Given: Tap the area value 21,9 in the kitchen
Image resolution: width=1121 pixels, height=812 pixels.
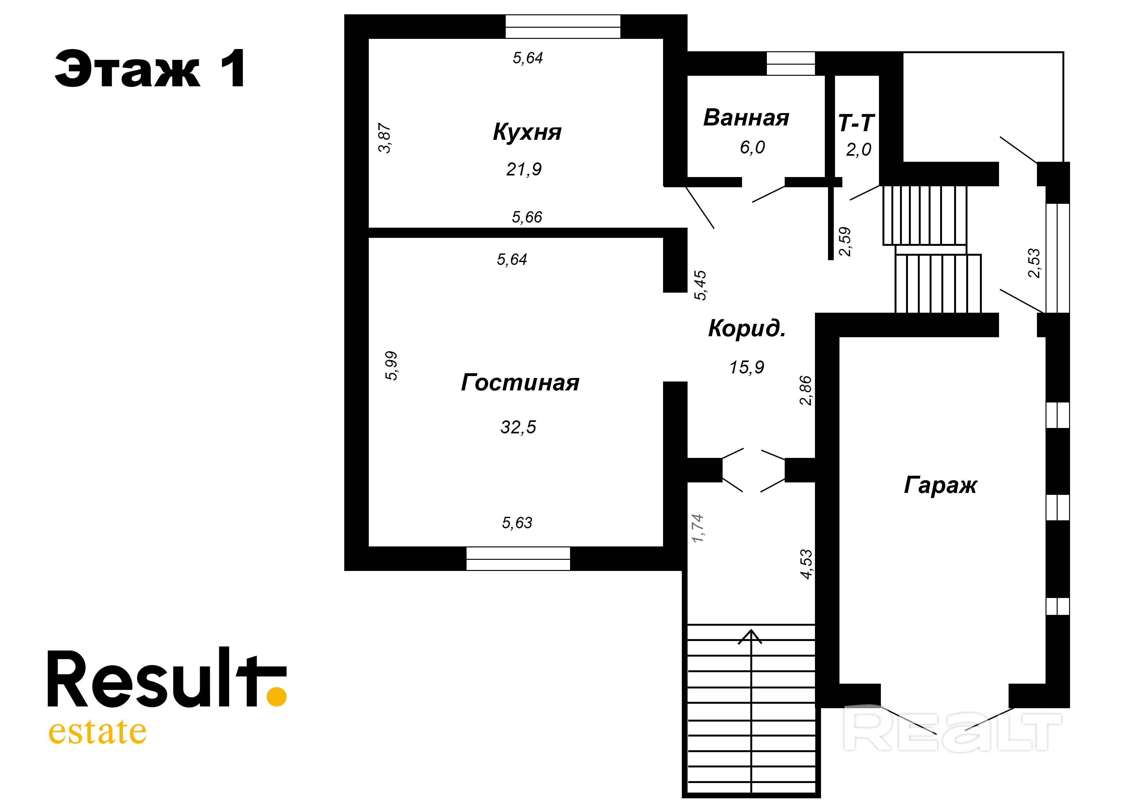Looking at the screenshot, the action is [x=524, y=169].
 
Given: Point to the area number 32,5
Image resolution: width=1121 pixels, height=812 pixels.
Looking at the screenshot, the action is [x=518, y=427].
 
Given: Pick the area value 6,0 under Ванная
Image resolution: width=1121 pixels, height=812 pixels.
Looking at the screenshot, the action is [x=752, y=147].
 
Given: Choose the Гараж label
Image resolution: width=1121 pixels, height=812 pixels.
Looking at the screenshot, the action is [x=940, y=485].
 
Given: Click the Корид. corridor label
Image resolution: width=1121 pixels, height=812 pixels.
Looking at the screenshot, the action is [x=747, y=329].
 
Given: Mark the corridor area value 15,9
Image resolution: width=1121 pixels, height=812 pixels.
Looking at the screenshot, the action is [x=746, y=367].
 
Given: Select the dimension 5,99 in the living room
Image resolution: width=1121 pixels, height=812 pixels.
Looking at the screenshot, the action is [x=391, y=366].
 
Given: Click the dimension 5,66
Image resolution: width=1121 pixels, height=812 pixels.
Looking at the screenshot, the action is [x=527, y=217].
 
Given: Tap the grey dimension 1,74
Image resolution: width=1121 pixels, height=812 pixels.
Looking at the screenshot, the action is [x=697, y=528].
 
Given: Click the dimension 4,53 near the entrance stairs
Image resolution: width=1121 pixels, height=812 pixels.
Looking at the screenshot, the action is [x=806, y=564].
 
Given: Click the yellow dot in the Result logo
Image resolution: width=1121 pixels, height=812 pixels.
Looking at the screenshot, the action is [x=276, y=696].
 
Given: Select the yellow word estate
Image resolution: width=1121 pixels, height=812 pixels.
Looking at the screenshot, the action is [x=97, y=732].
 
